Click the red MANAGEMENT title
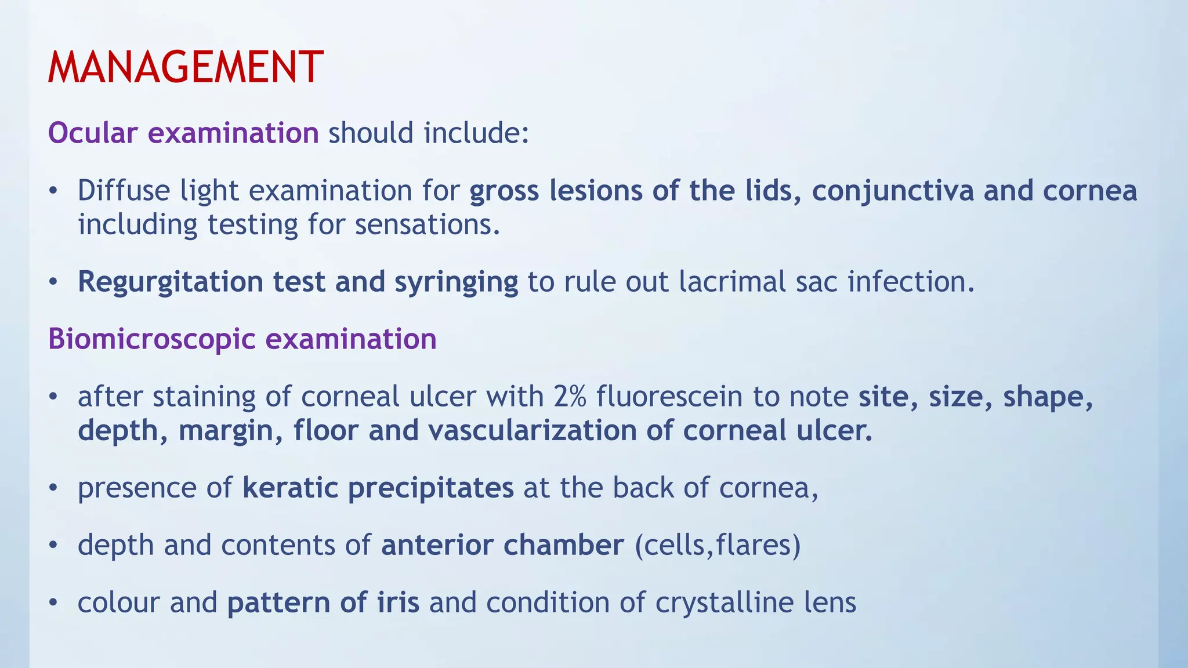point(185,67)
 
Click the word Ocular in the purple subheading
point(93,133)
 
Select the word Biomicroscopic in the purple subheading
point(151,339)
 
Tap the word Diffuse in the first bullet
point(124,191)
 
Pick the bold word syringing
point(456,282)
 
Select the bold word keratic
point(290,487)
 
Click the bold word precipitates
point(430,487)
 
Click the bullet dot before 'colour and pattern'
point(53,603)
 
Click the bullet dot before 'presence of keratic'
point(53,488)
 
